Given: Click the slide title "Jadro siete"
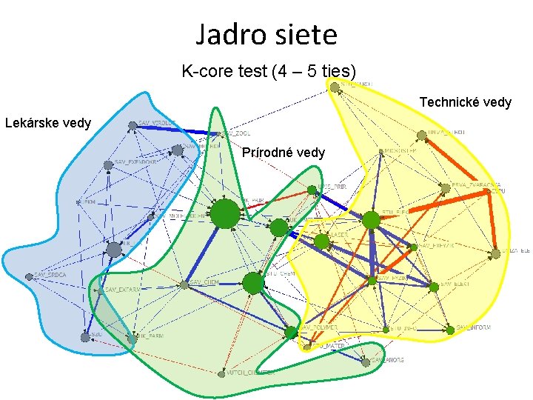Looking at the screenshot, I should coord(266,35).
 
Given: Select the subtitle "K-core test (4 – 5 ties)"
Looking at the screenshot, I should coord(269,72).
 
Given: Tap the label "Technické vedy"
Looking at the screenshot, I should coord(465,102).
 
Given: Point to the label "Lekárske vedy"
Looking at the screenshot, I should coord(48,122).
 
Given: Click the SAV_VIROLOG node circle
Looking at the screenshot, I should coord(133,125).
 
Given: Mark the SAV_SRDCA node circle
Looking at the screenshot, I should coord(30,276).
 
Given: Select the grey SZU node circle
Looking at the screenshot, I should coord(84,336).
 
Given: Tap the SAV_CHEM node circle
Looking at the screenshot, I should coord(183,284).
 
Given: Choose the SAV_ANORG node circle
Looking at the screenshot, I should coord(365,362).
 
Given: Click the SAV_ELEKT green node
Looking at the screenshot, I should coord(433,285).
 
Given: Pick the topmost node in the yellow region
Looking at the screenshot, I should coord(335,87).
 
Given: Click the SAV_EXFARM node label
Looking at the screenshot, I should coord(122,290).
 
